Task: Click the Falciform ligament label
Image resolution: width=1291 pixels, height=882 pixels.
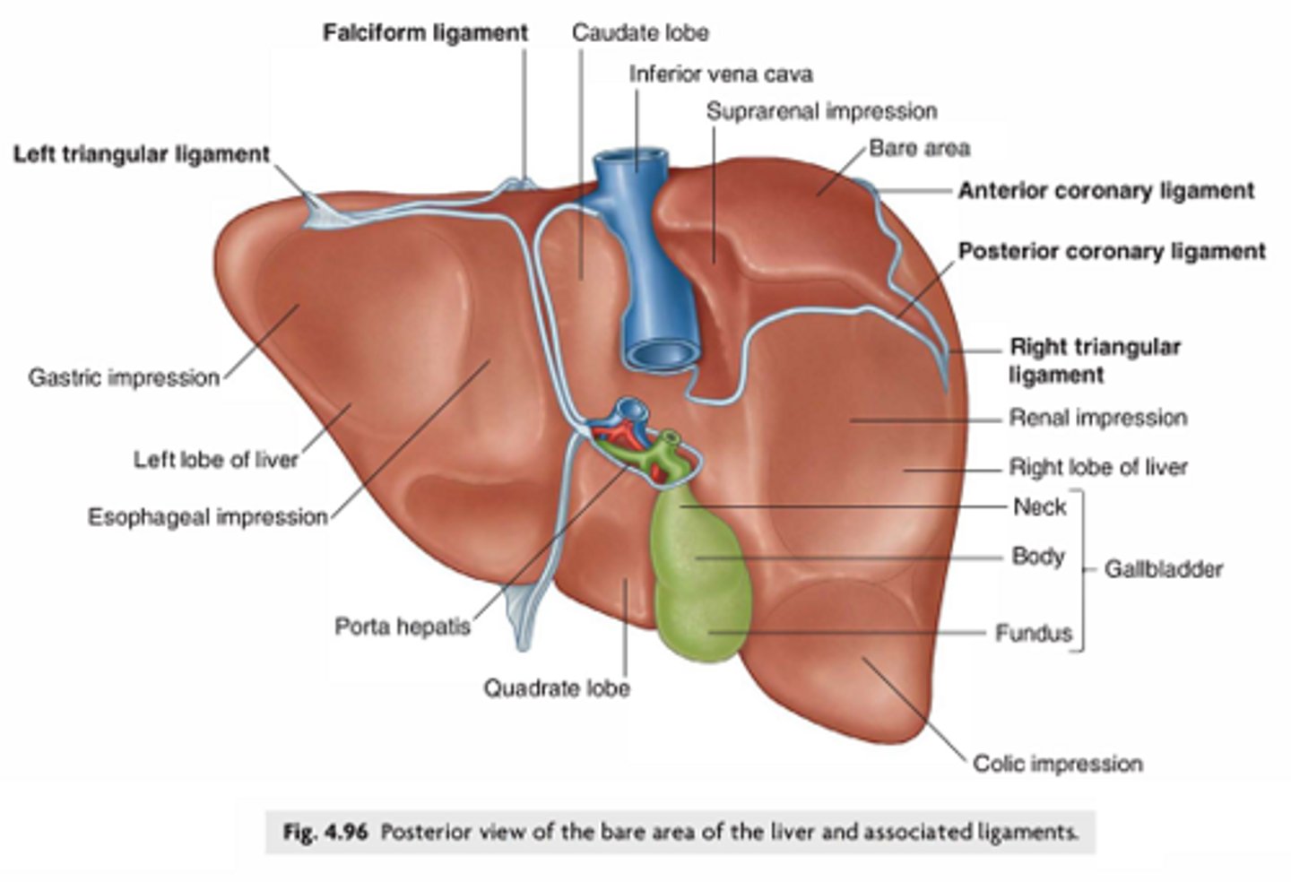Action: tap(425, 33)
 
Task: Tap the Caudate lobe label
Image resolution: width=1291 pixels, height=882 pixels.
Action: tap(640, 33)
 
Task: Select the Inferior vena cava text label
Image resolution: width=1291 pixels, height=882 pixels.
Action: tap(721, 73)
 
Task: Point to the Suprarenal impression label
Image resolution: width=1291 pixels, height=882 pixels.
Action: tap(821, 111)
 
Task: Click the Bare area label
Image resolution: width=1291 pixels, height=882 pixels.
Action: tap(919, 148)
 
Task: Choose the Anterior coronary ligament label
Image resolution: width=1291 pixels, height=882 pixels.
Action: tap(1105, 190)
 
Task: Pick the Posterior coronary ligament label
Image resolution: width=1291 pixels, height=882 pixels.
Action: tap(1112, 251)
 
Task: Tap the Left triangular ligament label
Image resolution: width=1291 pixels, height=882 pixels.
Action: tap(141, 154)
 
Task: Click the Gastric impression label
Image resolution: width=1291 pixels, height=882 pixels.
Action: tap(124, 377)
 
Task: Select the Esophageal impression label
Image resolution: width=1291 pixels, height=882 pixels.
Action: tap(207, 517)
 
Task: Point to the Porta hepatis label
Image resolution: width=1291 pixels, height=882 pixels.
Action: tap(402, 626)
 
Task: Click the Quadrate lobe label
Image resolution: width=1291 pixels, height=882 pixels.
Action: tap(556, 688)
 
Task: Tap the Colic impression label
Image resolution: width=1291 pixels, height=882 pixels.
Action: tap(1058, 764)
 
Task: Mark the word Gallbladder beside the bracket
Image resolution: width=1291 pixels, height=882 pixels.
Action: tap(1163, 569)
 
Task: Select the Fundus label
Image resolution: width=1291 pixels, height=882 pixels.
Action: tap(1033, 633)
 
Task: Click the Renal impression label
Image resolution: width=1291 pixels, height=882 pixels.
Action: tap(1097, 418)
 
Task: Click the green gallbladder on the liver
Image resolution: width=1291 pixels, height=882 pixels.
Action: tap(699, 574)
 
